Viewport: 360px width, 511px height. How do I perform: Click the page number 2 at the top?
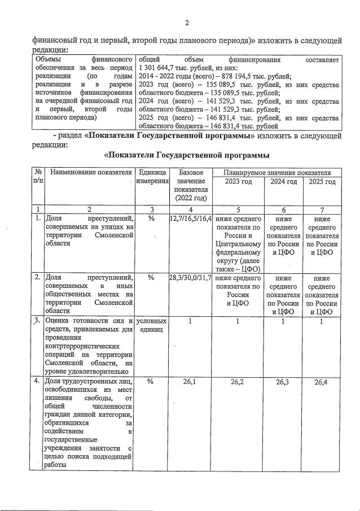click(186, 23)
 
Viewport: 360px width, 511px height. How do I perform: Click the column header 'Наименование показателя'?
click(90, 172)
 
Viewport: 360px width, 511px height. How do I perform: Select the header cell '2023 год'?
click(238, 181)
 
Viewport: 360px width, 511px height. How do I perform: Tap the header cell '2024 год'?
click(284, 181)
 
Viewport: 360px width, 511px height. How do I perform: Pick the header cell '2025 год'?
click(322, 181)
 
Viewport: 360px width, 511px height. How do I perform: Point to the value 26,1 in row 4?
click(191, 382)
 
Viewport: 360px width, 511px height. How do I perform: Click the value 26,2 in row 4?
click(238, 382)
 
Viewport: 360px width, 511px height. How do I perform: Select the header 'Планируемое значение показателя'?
click(276, 172)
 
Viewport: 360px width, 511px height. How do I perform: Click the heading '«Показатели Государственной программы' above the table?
click(186, 155)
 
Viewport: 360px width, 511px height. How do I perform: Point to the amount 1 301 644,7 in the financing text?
click(158, 68)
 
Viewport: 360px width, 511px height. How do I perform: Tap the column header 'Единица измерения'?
click(152, 176)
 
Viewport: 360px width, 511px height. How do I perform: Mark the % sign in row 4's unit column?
click(151, 382)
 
